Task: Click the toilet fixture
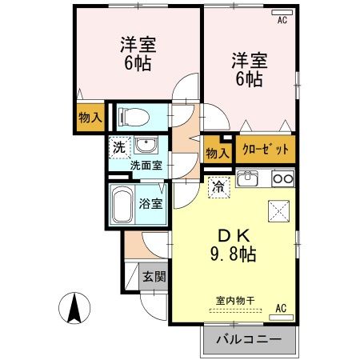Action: click(132, 118)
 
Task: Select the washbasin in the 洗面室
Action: click(146, 146)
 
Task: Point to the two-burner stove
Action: click(282, 178)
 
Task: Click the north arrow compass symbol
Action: click(74, 308)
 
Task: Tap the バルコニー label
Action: click(249, 338)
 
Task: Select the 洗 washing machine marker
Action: click(118, 146)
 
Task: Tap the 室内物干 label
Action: click(235, 300)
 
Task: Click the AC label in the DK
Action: click(281, 306)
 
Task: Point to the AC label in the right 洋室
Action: click(282, 22)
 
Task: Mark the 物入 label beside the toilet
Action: click(90, 118)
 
